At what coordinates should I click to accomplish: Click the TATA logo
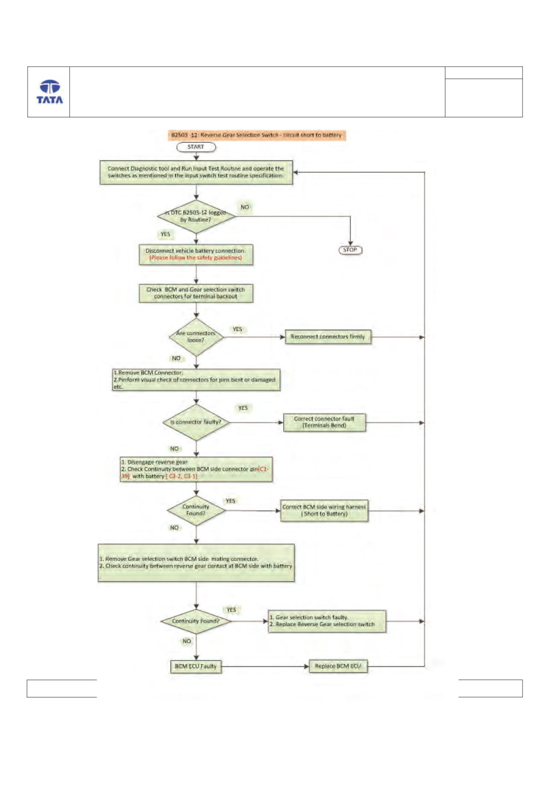click(49, 92)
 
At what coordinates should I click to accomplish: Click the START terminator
click(196, 147)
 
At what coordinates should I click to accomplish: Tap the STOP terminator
click(350, 250)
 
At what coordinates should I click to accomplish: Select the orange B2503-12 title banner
click(256, 135)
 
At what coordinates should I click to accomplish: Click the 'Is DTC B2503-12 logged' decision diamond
click(196, 216)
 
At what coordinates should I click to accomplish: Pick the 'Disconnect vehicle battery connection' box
click(196, 254)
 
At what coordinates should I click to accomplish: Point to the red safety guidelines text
click(196, 258)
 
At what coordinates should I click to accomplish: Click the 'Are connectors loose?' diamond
click(196, 337)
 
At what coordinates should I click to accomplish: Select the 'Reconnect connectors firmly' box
click(328, 337)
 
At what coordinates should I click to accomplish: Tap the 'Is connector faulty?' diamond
click(196, 422)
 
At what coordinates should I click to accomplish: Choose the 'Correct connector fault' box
click(324, 422)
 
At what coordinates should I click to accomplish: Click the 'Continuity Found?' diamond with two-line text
click(196, 510)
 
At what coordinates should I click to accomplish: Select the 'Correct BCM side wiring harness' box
click(324, 511)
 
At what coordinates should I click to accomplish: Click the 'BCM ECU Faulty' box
click(196, 666)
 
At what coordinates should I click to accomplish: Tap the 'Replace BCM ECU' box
click(338, 666)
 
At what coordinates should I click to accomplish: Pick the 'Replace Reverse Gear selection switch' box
click(327, 621)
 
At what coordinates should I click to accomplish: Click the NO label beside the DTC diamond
click(245, 207)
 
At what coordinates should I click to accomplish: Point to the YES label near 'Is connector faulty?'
click(243, 408)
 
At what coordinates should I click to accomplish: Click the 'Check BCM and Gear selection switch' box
click(196, 293)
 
